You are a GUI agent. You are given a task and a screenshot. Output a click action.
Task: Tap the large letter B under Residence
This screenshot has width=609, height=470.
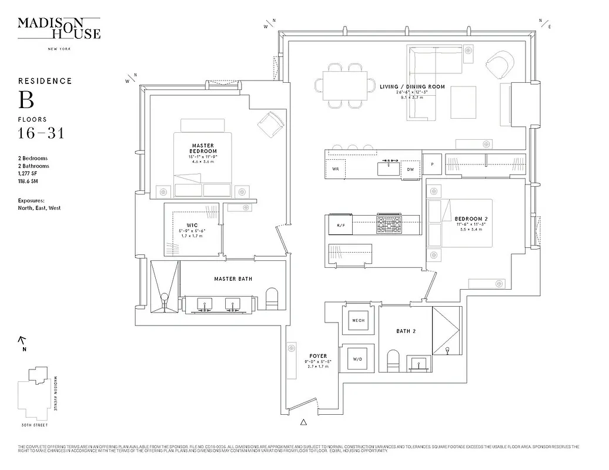(x=26, y=100)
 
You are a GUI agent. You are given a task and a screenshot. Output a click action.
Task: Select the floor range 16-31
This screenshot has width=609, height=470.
(x=41, y=133)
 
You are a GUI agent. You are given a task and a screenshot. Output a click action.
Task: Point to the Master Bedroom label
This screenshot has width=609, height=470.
(x=203, y=148)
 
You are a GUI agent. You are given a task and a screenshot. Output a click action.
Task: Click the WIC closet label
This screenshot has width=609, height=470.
(x=192, y=225)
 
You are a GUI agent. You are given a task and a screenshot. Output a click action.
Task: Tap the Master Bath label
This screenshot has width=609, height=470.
(x=233, y=278)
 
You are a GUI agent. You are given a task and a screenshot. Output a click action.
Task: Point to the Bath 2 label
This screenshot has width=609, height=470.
(x=406, y=331)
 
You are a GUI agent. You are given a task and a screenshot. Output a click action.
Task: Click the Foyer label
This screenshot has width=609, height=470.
(x=318, y=356)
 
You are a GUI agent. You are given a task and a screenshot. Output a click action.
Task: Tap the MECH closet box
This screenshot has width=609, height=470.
(x=358, y=321)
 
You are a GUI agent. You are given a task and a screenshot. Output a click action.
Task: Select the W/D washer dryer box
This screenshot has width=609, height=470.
(x=358, y=358)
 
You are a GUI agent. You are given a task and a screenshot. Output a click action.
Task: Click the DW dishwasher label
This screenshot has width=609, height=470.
(x=410, y=170)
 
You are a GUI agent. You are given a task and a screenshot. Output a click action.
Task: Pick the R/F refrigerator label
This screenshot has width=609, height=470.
(x=340, y=226)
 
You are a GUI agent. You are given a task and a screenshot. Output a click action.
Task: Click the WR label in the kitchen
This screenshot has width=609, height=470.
(x=336, y=169)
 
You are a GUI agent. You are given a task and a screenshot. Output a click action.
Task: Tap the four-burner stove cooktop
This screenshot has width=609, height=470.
(x=389, y=224)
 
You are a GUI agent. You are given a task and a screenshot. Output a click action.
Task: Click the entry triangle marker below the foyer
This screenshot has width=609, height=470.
(x=304, y=421)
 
